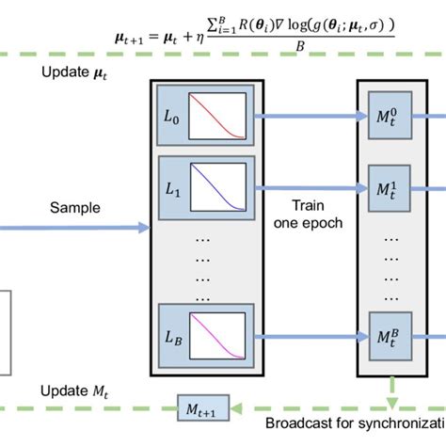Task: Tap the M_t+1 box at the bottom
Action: tap(203, 406)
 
